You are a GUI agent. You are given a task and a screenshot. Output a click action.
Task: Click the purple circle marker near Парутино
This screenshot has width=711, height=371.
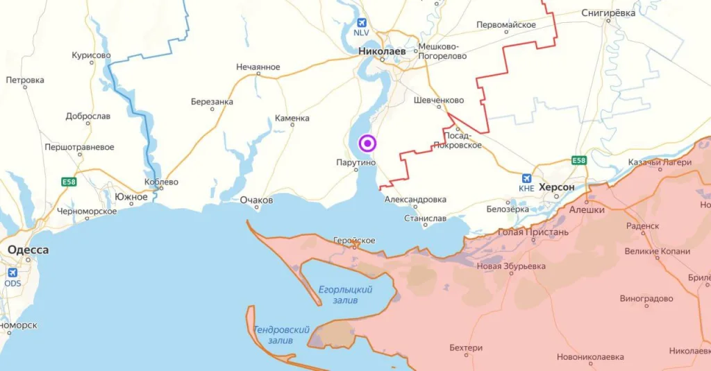pos(367,144)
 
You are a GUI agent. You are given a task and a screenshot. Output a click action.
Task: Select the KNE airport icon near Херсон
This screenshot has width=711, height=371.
pos(527,178)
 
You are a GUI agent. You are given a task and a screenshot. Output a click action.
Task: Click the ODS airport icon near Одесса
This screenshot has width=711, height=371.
pos(12,273)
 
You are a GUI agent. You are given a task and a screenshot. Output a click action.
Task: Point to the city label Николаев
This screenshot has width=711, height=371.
pos(382,51)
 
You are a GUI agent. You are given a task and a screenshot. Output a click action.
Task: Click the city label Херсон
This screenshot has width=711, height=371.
pos(557,188)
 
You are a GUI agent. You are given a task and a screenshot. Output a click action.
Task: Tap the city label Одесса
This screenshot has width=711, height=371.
pos(28,250)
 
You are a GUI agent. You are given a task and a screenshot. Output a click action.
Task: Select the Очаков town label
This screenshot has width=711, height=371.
pos(256,200)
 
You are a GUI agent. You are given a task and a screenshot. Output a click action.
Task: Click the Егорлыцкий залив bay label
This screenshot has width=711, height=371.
pos(345,293)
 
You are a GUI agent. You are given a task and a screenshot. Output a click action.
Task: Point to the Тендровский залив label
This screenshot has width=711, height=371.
pos(281,335)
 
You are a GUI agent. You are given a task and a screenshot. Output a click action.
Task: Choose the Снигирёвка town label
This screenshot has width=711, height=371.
pos(608,12)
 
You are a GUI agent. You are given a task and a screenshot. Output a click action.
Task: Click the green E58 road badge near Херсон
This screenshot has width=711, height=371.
pos(579,161)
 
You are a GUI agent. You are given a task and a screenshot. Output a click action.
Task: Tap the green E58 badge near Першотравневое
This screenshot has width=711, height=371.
pos(68,182)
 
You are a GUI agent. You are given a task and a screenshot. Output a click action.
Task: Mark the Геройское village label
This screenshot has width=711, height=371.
pos(354,241)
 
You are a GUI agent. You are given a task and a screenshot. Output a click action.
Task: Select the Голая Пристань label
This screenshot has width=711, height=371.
pos(533,232)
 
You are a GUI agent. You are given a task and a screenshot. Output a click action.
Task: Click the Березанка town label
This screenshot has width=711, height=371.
pos(212,102)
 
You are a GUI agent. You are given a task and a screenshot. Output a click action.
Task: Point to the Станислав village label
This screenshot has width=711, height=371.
pos(426,218)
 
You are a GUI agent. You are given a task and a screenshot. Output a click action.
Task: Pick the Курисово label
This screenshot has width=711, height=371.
pos(91,55)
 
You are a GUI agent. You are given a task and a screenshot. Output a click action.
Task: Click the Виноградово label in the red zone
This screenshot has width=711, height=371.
pos(646,299)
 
